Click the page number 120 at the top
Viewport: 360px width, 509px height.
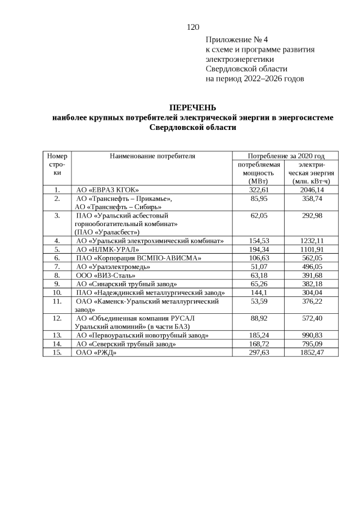193,27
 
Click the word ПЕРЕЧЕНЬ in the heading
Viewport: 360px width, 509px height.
193,107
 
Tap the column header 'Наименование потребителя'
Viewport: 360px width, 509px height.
152,156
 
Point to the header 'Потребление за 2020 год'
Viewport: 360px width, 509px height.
286,156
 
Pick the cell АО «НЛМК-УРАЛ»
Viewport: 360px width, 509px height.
107,249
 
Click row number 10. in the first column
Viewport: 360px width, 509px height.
57,292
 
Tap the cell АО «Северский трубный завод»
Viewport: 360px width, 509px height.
126,343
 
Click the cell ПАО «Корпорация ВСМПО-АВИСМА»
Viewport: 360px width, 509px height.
138,258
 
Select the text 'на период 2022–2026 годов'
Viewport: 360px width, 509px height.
255,79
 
